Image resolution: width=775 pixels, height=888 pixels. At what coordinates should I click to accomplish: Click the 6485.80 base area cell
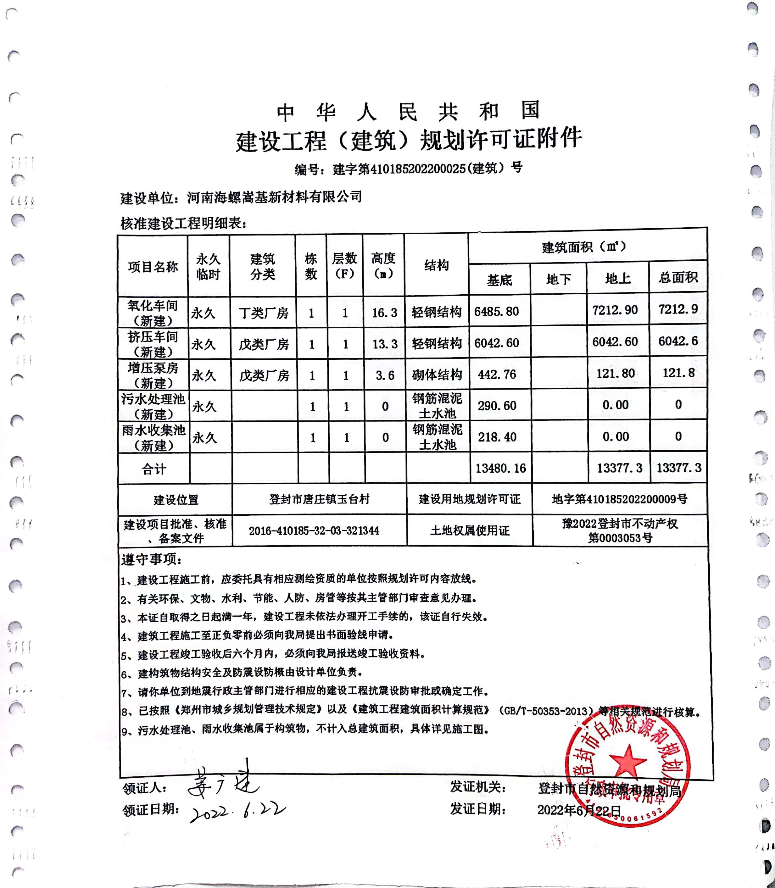[x=496, y=311]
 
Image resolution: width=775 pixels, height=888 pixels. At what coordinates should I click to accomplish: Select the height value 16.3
[x=384, y=313]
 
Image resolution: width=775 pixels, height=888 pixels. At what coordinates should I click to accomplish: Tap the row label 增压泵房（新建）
[x=153, y=375]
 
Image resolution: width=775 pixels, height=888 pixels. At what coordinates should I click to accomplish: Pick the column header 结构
[x=436, y=265]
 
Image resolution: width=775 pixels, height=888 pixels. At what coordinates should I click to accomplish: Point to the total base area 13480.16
[x=500, y=468]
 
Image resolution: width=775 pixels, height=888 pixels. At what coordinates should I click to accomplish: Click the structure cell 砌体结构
[x=437, y=375]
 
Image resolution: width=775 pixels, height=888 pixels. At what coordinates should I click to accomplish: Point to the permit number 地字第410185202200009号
[x=619, y=499]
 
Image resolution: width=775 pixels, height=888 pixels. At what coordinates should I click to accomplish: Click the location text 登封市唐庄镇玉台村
[x=319, y=499]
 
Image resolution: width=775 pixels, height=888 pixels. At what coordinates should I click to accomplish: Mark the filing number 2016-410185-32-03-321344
[x=314, y=530]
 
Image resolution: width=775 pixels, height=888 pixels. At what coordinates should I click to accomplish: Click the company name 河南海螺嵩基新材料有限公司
[x=274, y=197]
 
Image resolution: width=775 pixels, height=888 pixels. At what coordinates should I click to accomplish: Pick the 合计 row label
[x=153, y=469]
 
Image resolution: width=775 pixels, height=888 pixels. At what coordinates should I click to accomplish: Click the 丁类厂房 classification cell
[x=263, y=313]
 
